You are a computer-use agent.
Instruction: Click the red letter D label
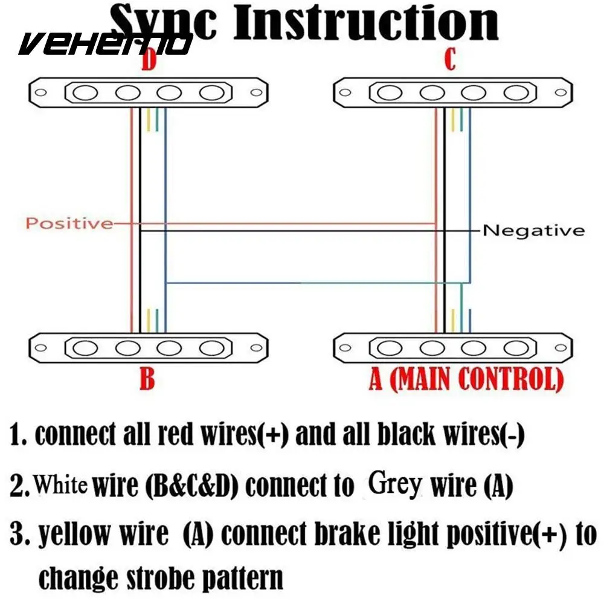click(x=149, y=61)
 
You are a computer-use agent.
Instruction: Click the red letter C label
click(x=449, y=61)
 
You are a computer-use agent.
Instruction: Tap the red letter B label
click(x=147, y=379)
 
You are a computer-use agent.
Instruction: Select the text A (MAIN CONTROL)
click(x=466, y=379)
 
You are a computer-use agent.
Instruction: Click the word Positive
click(x=69, y=223)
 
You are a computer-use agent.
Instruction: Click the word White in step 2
click(x=61, y=484)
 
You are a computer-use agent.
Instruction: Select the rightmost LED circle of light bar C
click(x=515, y=93)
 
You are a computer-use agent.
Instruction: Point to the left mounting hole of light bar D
click(x=41, y=93)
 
